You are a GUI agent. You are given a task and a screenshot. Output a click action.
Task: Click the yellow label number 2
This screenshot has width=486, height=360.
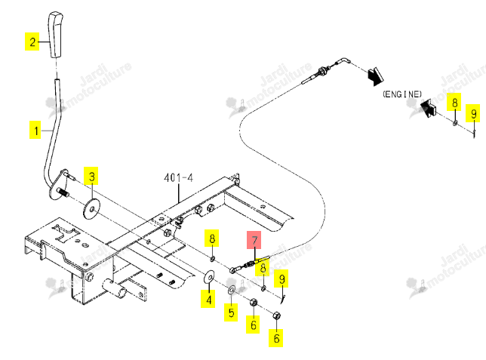click(x=32, y=42)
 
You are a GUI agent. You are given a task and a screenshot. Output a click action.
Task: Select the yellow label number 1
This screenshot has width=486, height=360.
click(x=35, y=131)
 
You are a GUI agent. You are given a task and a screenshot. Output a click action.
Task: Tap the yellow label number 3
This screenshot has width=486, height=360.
click(x=91, y=176)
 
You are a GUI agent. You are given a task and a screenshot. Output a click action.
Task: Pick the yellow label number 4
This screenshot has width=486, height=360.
click(x=208, y=299)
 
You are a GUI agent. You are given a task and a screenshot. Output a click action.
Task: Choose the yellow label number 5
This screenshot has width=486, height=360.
click(x=231, y=312)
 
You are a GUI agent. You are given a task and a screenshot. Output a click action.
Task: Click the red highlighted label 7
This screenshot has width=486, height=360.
click(x=254, y=240)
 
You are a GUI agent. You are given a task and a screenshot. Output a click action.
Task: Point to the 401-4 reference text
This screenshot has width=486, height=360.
click(x=178, y=177)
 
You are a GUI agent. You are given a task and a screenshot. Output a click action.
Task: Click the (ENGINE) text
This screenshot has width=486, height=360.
click(x=402, y=94)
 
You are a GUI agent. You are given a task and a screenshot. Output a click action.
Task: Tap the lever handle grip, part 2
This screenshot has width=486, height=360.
click(x=56, y=35)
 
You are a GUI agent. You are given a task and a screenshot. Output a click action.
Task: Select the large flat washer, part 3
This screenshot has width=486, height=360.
click(x=92, y=209)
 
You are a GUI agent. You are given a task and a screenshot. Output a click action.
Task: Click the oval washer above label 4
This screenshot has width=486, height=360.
click(x=209, y=276)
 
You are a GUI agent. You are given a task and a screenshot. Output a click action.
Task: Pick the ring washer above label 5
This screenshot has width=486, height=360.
click(x=232, y=291)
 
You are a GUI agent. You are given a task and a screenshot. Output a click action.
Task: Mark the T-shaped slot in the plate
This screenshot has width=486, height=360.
click(x=66, y=232)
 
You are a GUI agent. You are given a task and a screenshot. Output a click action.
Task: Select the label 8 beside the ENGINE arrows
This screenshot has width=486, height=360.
click(x=454, y=102)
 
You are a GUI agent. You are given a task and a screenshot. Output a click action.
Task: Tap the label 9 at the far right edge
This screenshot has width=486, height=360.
click(x=473, y=113)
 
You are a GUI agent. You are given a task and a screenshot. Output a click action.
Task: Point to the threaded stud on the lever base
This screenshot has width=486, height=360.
click(x=63, y=192)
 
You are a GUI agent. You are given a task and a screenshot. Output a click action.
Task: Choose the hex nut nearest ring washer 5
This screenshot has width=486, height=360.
click(x=254, y=302)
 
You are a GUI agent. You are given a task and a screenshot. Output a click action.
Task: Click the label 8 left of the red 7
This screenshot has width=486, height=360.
click(x=212, y=238)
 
